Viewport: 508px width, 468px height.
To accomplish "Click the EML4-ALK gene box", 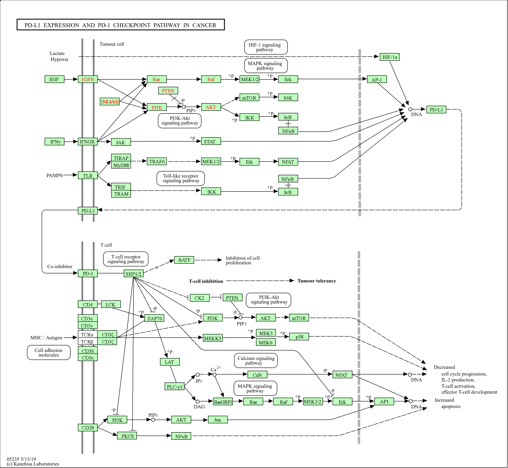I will [x=110, y=102].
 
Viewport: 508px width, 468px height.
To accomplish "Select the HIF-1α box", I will [x=389, y=57].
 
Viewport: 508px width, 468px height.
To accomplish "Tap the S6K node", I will [x=288, y=98].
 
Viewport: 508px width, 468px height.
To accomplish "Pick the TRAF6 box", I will [x=157, y=161].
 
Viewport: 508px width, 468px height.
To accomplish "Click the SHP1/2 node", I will [x=133, y=274].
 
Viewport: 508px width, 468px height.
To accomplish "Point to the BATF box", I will [x=184, y=260].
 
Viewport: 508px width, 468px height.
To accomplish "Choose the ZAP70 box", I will [x=154, y=318].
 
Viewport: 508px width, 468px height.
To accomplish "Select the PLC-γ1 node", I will [x=174, y=386].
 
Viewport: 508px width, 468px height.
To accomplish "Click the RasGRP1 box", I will [x=223, y=402].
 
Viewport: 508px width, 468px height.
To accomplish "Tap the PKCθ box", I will [x=127, y=436].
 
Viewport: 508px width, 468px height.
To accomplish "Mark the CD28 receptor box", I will [x=88, y=428].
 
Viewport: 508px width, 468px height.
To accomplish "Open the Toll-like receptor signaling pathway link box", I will [x=181, y=178].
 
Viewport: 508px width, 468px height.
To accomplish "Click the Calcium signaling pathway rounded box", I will [x=256, y=360].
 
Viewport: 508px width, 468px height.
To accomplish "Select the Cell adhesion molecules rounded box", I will [x=49, y=352].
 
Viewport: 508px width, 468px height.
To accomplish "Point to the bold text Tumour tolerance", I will [x=317, y=281].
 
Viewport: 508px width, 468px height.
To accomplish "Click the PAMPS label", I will [x=54, y=175].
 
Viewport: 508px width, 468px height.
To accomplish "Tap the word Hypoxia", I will [x=59, y=59].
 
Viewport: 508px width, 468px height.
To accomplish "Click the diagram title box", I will [x=120, y=25].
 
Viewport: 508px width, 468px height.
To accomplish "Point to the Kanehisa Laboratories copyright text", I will [x=33, y=464].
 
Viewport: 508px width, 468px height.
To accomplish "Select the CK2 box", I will [x=199, y=298].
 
